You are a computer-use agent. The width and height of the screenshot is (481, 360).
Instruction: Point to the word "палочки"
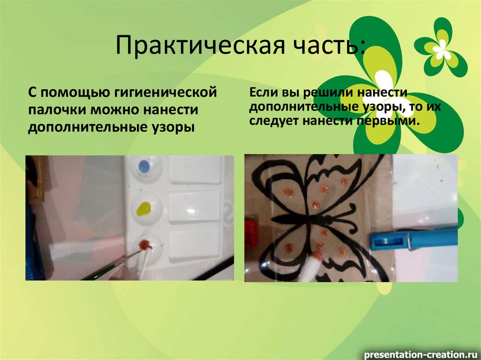point(56,110)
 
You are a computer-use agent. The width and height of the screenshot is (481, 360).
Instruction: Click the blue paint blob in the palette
point(144,165)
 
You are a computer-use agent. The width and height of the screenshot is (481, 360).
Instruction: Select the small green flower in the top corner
point(441,46)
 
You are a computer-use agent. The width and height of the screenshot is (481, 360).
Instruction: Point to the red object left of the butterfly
point(250,230)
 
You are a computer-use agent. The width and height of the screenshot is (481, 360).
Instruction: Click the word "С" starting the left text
point(31,92)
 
